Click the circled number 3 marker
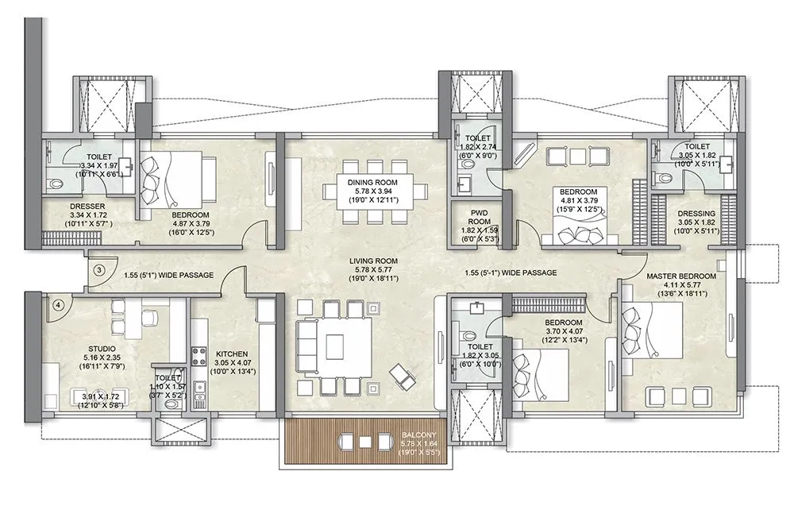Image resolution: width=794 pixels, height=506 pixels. pyautogui.click(x=99, y=270)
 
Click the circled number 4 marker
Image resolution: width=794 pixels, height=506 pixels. pyautogui.click(x=57, y=303)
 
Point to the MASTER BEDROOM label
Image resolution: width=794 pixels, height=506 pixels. pyautogui.click(x=680, y=276)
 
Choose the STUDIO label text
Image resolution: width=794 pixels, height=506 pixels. pyautogui.click(x=102, y=348)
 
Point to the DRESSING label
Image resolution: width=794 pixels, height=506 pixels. pyautogui.click(x=696, y=214)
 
